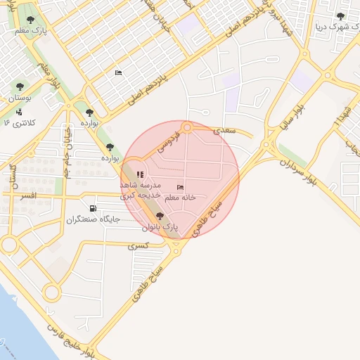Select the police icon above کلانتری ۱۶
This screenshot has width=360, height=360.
click(19, 111)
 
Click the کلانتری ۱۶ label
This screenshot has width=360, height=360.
click(20, 123)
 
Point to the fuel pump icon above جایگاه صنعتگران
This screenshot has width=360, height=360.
click(93, 208)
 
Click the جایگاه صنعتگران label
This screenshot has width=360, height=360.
click(94, 220)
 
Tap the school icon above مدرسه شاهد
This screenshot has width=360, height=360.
click(140, 174)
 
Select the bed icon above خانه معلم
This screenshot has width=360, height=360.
click(181, 187)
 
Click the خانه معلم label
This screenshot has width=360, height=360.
click(179, 198)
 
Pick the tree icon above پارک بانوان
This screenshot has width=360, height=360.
click(160, 216)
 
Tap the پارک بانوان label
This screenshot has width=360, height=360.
click(160, 228)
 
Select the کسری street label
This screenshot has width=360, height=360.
click(138, 246)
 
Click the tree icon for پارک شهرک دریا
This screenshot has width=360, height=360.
click(340, 16)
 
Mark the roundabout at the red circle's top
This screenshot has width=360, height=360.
click(187, 127)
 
